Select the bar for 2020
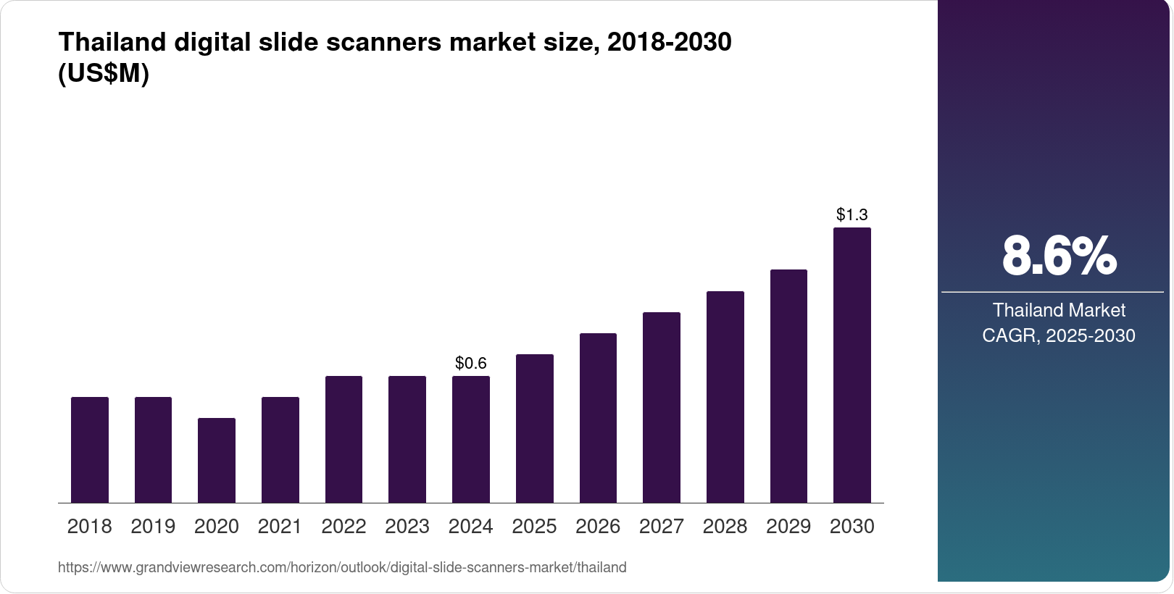[x=217, y=460]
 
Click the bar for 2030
[x=852, y=365]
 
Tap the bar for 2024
[x=470, y=439]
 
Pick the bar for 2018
[x=90, y=450]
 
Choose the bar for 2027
[x=661, y=407]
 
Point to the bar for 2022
[x=344, y=439]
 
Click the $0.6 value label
[x=470, y=363]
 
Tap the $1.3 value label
[x=852, y=214]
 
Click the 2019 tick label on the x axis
[x=153, y=527]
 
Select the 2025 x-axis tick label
[x=534, y=527]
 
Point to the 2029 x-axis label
[x=788, y=527]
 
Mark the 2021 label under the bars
[x=280, y=527]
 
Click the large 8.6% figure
[x=1059, y=256]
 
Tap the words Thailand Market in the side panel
[x=1059, y=310]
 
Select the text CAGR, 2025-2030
[x=1059, y=335]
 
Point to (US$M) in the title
[x=103, y=73]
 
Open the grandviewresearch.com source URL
[x=342, y=567]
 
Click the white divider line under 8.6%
[x=1052, y=293]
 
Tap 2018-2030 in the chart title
[x=669, y=42]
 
